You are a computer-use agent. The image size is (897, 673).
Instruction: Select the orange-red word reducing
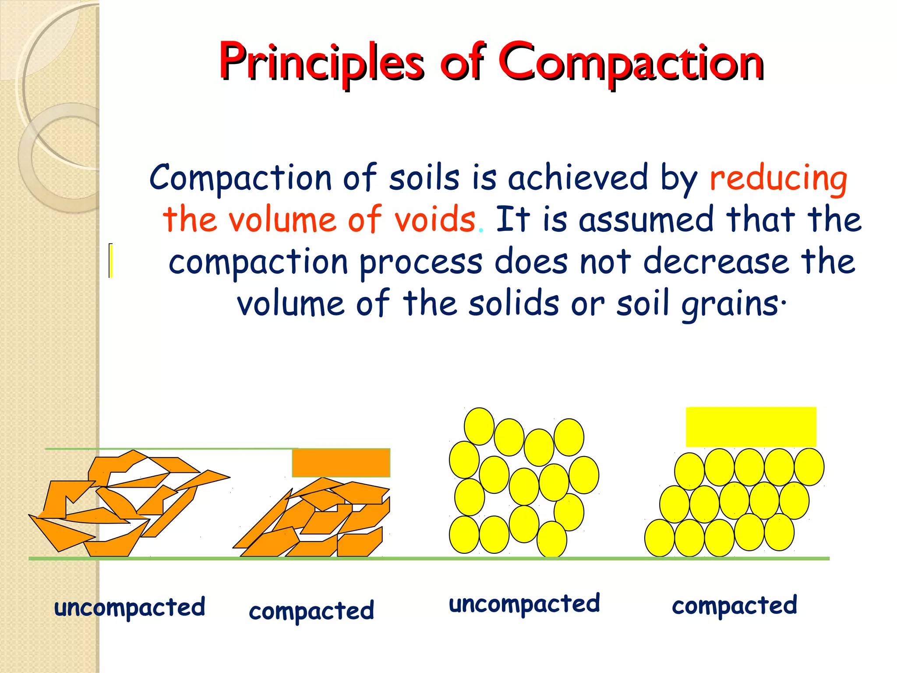[x=778, y=179]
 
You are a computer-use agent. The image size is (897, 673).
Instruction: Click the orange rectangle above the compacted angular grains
[x=341, y=463]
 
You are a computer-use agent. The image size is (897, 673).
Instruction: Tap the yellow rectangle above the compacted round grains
[x=751, y=427]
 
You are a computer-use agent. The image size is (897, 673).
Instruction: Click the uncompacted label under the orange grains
[x=130, y=608]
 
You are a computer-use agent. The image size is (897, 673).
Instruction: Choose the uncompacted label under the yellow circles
[x=524, y=604]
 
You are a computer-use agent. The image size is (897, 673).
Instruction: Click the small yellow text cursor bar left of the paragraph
[x=111, y=261]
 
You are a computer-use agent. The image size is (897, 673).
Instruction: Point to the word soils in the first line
[x=424, y=178]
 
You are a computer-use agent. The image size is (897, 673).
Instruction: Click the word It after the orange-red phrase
[x=513, y=219]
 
